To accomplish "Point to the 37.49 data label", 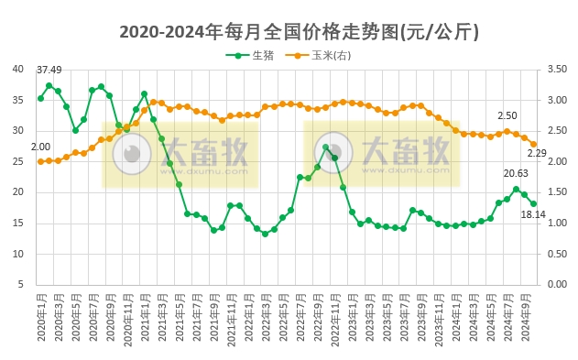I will pos(49,71).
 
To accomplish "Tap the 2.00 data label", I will pos(40,147).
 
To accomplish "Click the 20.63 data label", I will pos(517,173).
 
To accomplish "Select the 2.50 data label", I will pos(507,116).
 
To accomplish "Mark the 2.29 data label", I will pos(538,153).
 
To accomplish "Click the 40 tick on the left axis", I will pos(18,69).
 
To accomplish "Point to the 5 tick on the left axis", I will pos(21,284).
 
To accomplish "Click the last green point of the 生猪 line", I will pos(533,203).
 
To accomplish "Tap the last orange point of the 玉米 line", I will pos(533,144).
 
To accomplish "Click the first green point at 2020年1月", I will pos(40,98).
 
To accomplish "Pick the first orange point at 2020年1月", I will pos(40,161).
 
